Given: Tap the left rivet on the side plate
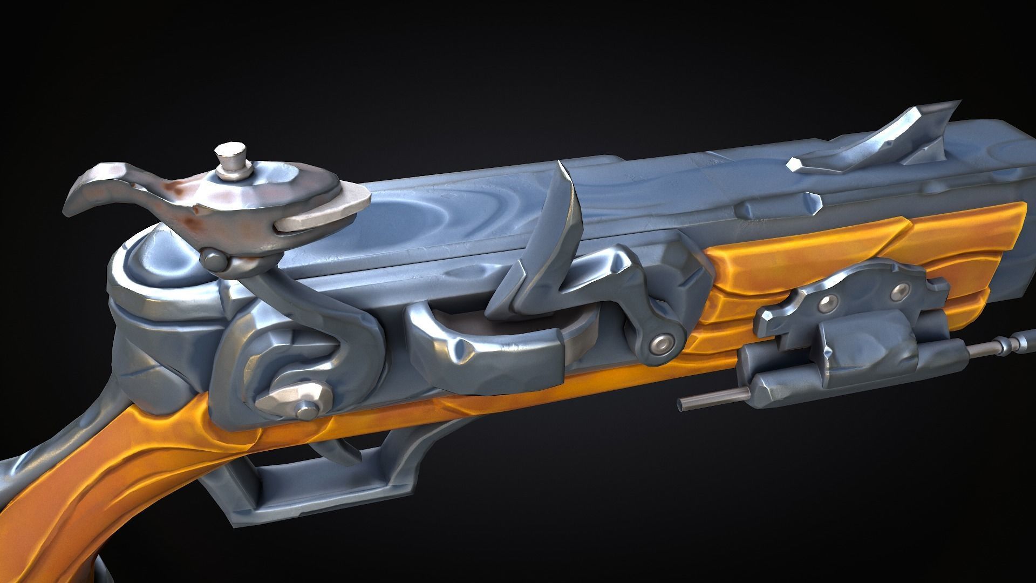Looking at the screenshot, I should [x=823, y=306].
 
